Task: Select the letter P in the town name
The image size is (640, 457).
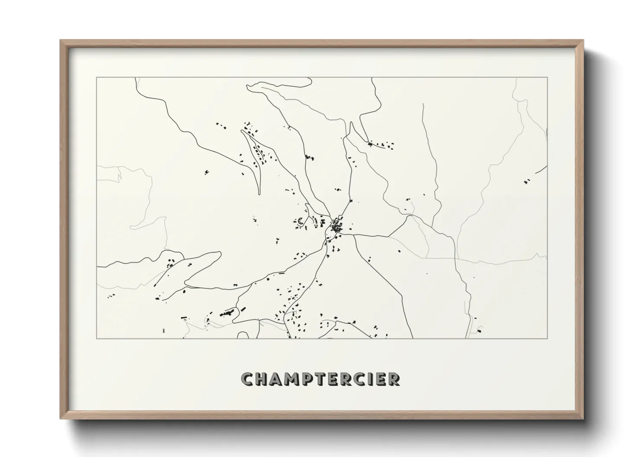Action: pos(314,379)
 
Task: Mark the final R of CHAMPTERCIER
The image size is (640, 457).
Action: pos(394,379)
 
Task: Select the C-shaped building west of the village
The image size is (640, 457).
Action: pos(299,221)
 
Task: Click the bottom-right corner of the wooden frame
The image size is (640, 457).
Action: pos(583,418)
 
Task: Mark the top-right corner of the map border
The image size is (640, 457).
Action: pos(547,77)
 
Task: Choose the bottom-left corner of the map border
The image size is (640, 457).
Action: pos(97,338)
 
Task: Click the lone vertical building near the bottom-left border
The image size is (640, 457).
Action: pos(164,330)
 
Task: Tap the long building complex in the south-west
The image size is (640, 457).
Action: pos(227,312)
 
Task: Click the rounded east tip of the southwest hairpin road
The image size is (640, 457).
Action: pos(218,255)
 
